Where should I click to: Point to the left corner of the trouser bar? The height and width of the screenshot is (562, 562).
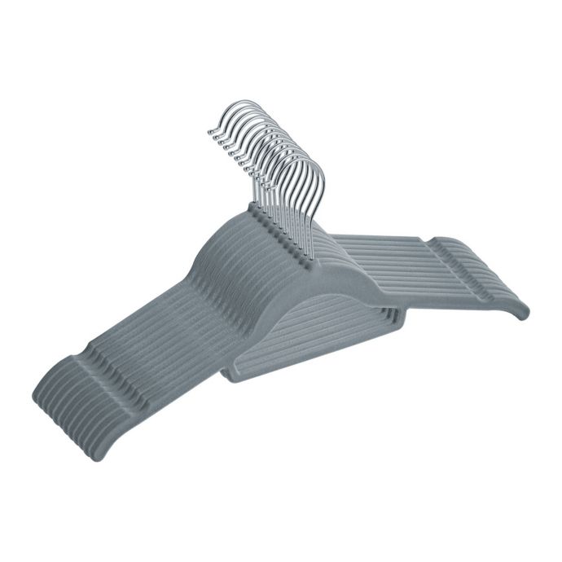228,371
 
